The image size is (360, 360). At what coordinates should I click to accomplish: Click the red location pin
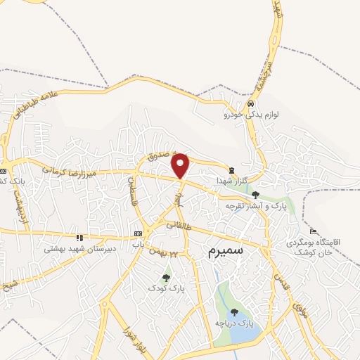coord(181,165)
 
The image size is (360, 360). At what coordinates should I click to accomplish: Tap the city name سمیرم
coord(224,252)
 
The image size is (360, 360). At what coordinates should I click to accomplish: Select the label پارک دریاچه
coord(236,323)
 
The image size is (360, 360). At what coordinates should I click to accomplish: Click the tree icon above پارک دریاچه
coord(234,311)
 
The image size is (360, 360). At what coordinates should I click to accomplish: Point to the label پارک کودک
coord(166,288)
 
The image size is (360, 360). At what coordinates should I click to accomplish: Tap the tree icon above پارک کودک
coord(166,278)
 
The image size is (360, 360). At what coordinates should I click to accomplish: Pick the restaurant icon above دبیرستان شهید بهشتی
coord(79,238)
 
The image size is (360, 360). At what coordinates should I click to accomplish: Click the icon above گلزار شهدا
coord(232,169)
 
